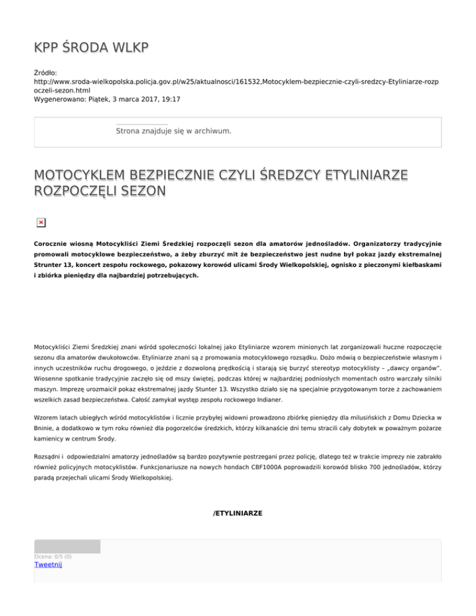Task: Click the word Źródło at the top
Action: (47, 73)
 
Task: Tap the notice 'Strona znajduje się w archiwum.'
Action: (174, 131)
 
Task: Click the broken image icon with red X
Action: (40, 222)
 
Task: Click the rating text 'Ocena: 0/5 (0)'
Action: (53, 557)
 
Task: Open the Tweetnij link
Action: (48, 565)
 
